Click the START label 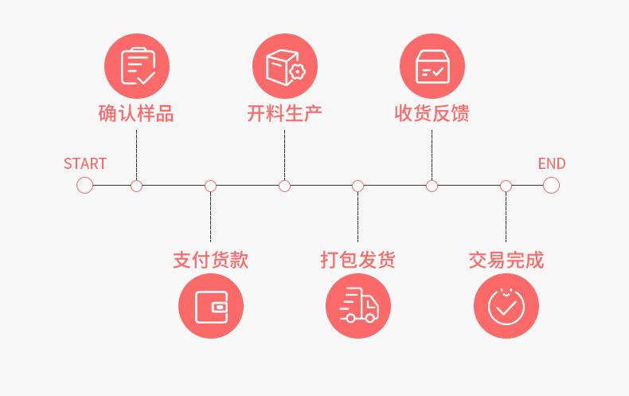pos(84,163)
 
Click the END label pos(551,163)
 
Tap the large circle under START pos(85,186)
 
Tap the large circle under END pos(551,186)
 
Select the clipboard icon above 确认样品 pos(137,66)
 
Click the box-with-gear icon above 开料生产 pos(284,66)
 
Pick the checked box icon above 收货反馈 pos(432,66)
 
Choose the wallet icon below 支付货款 pos(211,306)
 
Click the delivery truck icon pos(358,306)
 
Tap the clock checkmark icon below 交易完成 pos(506,306)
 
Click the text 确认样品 pos(136,113)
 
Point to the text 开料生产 pos(284,113)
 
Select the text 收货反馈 pos(432,113)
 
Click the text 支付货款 pos(210,260)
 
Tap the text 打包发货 pos(358,260)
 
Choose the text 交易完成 pos(506,260)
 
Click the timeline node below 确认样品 pos(137,186)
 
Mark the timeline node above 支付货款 pos(210,186)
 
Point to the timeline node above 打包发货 pos(358,186)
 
